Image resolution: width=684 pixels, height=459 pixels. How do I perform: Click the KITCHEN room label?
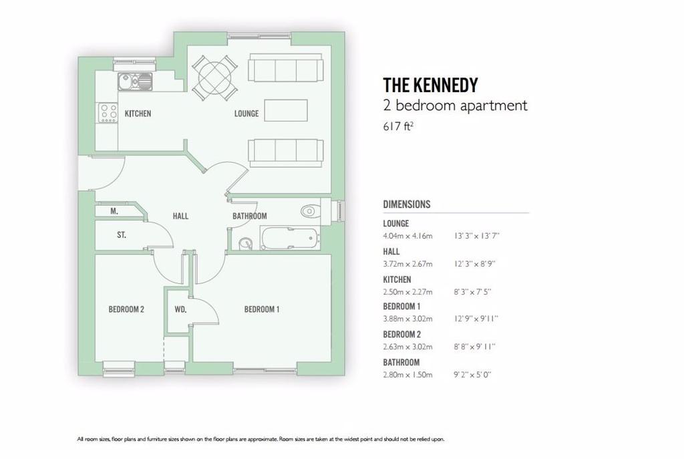point(138,114)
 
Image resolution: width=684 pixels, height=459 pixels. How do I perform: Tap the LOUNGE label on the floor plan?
point(246,114)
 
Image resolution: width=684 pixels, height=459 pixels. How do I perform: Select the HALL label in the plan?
point(180,216)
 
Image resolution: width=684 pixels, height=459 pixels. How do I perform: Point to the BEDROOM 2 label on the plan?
point(126,309)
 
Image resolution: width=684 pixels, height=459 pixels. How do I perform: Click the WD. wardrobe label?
point(180,309)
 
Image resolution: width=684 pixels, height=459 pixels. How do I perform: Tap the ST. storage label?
point(122,235)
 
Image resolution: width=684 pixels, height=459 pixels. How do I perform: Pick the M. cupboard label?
point(114,211)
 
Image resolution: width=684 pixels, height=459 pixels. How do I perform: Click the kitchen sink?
point(135,82)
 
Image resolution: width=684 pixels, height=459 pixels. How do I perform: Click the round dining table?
point(214,78)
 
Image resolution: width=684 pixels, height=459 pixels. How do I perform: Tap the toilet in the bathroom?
point(310,211)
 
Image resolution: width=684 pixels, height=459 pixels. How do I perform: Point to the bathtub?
point(290,238)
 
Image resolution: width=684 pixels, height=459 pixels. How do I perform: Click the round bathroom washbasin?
point(246,243)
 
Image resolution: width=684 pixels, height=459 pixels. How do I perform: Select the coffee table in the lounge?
point(286,110)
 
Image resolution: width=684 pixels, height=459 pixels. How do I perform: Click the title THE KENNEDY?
point(431,85)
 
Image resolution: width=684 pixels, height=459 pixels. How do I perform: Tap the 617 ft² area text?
point(398,126)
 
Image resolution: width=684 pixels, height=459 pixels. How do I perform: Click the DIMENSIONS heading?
point(407,204)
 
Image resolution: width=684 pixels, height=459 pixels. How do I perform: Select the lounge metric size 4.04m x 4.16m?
point(407,236)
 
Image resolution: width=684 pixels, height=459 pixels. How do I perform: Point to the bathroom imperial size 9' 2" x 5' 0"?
point(472,375)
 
